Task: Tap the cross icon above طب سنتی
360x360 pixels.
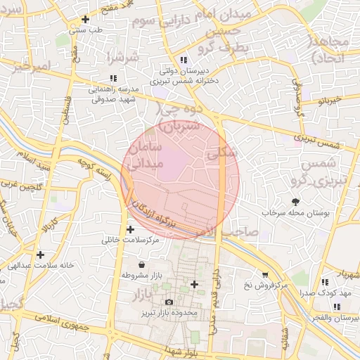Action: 86,20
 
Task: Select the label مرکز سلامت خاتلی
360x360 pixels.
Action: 131,240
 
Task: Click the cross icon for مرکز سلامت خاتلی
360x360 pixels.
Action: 131,229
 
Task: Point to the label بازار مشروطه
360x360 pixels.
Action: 143,276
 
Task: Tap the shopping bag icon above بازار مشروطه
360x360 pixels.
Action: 143,265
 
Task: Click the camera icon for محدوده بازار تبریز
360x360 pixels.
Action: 169,302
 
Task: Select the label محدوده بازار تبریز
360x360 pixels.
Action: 169,311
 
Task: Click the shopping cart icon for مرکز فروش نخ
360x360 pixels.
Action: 265,275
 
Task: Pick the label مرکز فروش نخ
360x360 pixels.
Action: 266,285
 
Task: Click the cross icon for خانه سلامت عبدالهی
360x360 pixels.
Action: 40,255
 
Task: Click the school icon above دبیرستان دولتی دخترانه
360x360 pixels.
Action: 184,60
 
